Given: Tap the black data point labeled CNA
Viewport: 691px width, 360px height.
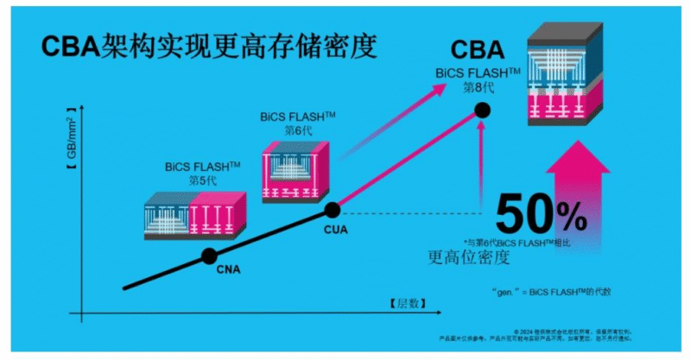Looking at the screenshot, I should [x=209, y=256].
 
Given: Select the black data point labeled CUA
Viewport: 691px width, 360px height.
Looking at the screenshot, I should [x=332, y=209].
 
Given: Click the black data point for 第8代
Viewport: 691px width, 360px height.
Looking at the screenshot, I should [x=482, y=110].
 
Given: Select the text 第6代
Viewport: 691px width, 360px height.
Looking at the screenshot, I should [x=296, y=129].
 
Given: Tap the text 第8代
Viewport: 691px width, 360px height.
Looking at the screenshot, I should [x=475, y=87].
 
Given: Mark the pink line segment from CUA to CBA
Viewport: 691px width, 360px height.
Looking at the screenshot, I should [x=406, y=160].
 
